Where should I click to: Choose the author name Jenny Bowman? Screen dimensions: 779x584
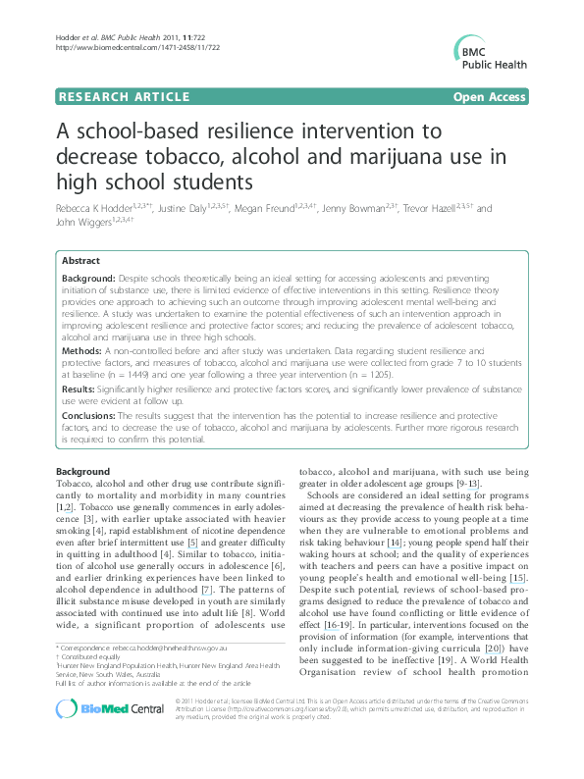tap(365, 210)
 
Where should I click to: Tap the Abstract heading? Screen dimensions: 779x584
tap(80, 262)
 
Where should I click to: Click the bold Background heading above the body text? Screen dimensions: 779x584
tap(82, 471)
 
